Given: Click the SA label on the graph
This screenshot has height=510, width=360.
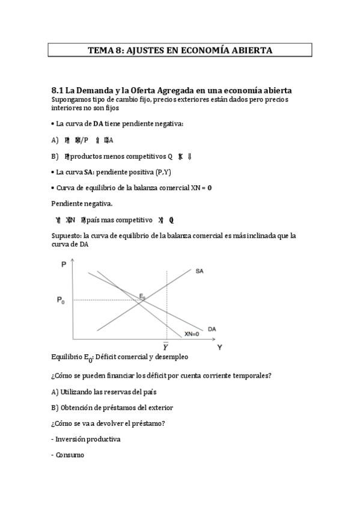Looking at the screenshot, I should coord(200,271).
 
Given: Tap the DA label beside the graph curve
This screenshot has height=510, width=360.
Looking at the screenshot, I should coord(212,328).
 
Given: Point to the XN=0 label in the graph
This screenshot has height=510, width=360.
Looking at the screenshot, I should coord(192,334).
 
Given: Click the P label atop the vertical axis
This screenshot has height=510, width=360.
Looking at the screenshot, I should coord(64,264).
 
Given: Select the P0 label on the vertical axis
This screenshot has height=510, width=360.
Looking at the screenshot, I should coord(61,301).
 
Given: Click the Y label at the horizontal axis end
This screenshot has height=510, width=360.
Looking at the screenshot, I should coord(219,347).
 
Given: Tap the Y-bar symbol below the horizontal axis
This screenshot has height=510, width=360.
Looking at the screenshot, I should coord(166,346).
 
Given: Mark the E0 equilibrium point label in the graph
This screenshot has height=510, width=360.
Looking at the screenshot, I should coord(142,296).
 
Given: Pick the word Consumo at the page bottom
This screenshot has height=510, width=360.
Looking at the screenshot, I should coord(70,455).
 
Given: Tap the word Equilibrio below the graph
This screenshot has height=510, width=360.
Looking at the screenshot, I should coord(66,356).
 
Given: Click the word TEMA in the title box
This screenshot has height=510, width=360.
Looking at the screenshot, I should coord(100,51).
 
